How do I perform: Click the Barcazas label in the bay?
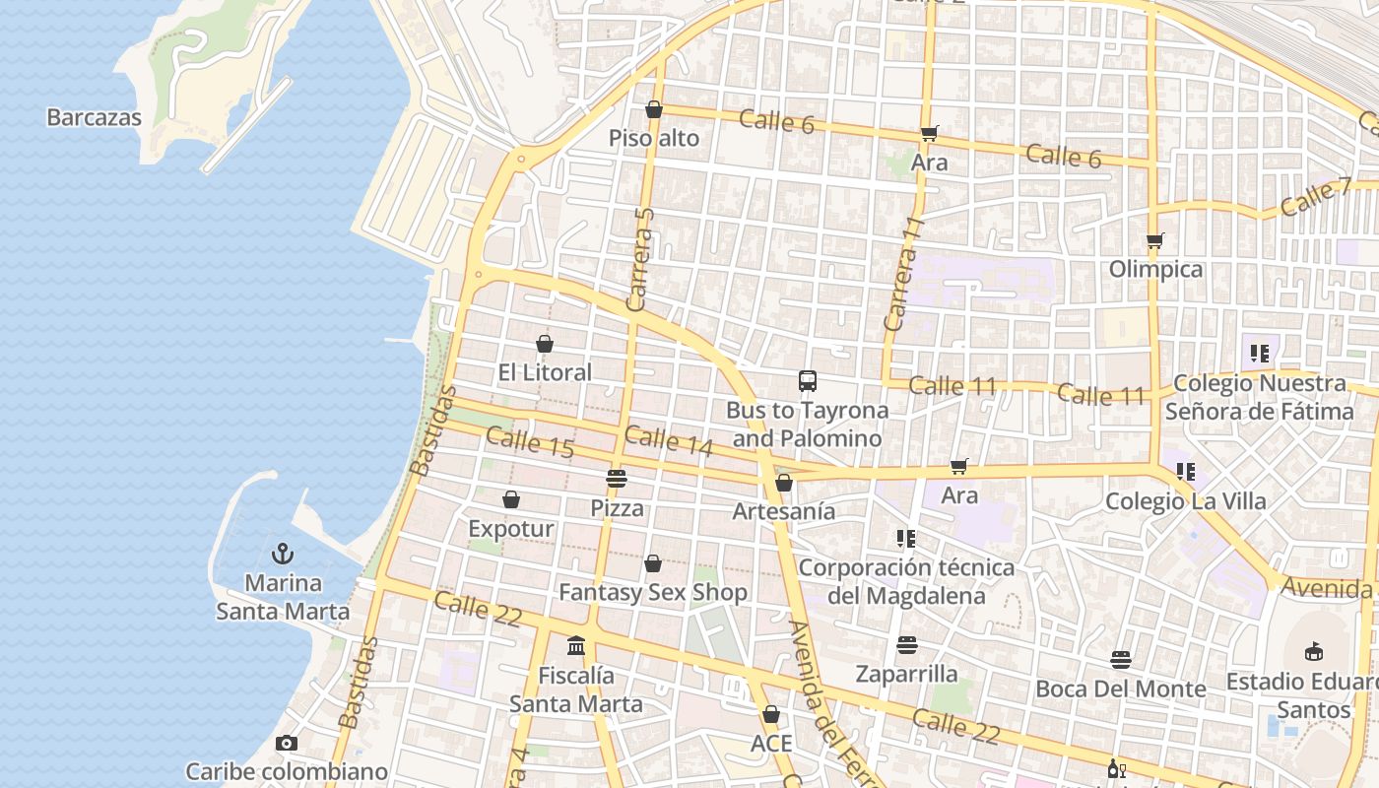95,117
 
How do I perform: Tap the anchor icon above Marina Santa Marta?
283,554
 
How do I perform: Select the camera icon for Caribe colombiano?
287,743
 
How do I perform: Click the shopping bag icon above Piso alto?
653,109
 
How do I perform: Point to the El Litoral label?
545,372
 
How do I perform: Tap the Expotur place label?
510,529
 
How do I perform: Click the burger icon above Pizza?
617,479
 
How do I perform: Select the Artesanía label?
783,511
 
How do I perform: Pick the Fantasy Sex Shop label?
653,592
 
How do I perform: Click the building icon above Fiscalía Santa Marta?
576,646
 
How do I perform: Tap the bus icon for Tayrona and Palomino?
808,381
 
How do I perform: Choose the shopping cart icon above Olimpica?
1155,240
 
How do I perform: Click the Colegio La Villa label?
1185,501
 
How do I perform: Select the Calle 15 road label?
530,442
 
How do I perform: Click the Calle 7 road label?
1316,197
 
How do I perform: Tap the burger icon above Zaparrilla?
906,645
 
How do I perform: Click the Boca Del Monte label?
1120,689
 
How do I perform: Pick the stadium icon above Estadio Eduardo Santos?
1313,651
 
